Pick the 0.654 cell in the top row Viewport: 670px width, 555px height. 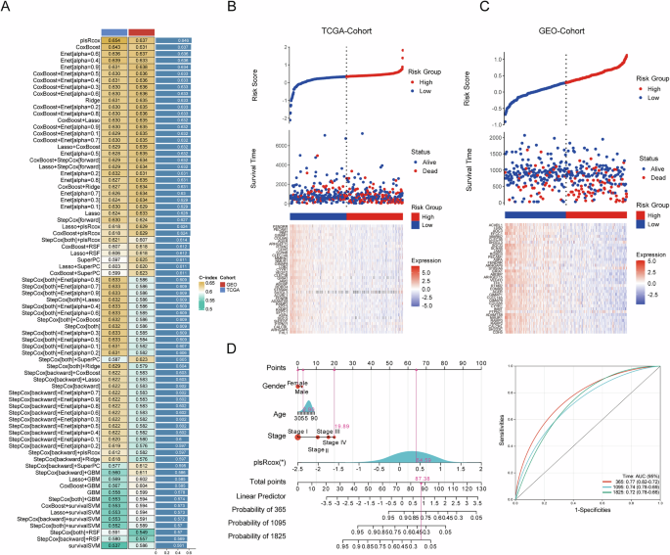(114, 40)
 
